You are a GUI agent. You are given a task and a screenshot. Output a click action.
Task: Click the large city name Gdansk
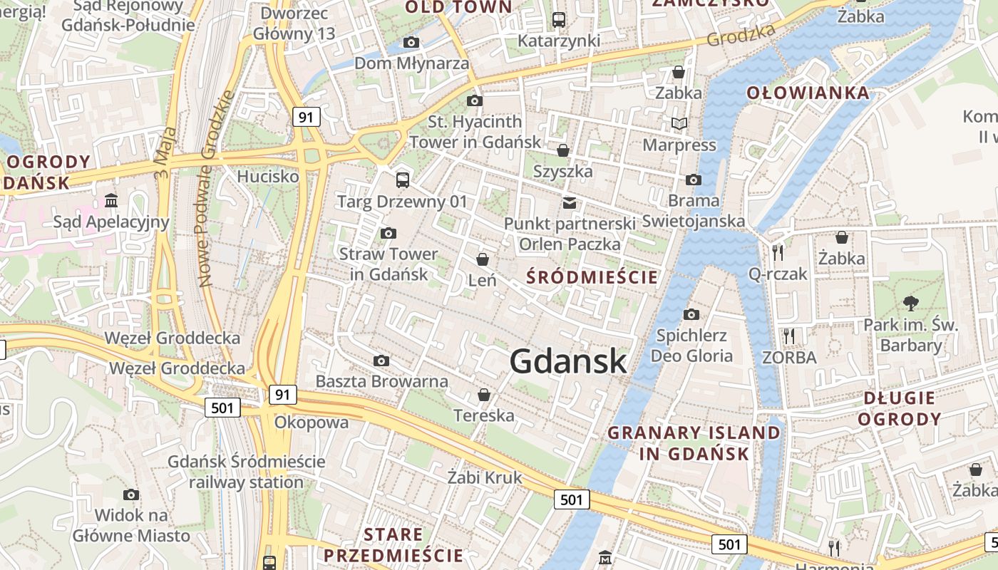[568, 361]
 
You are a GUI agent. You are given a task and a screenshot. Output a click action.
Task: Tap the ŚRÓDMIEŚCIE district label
[592, 277]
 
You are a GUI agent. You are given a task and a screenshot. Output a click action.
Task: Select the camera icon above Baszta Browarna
[381, 361]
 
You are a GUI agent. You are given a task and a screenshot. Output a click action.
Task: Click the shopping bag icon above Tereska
[484, 395]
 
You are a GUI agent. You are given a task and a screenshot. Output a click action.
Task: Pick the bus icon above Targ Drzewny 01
[403, 180]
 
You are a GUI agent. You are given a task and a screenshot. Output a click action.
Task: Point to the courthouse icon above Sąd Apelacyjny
[111, 201]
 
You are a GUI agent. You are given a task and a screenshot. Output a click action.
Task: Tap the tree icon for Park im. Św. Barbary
[910, 304]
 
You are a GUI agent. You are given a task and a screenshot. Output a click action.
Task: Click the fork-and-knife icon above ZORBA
[788, 336]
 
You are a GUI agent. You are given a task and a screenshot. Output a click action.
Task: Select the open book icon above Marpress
[679, 124]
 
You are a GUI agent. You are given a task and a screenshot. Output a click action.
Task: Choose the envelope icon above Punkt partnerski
[569, 203]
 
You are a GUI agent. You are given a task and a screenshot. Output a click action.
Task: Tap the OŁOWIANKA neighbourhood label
[808, 93]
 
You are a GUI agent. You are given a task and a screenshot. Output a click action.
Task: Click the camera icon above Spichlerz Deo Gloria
[691, 314]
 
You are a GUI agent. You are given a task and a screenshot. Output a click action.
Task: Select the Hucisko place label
[268, 176]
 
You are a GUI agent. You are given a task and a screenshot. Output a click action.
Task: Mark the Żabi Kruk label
[485, 477]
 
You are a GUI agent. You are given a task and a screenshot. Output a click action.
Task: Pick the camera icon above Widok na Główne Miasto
[131, 494]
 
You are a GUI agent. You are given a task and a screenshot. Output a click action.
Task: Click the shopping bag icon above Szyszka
[563, 150]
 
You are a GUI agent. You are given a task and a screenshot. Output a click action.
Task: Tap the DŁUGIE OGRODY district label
[899, 408]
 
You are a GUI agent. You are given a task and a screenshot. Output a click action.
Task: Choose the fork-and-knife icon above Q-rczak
[777, 252]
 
